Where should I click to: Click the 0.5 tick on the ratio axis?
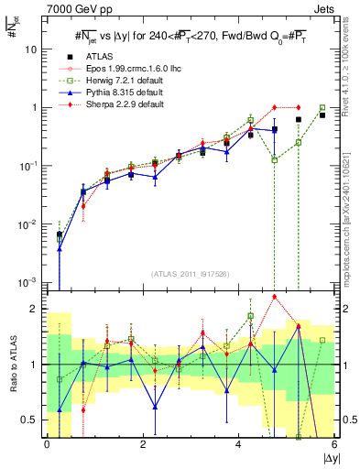tap(32, 420)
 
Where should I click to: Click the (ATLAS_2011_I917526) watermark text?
tap(191, 274)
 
